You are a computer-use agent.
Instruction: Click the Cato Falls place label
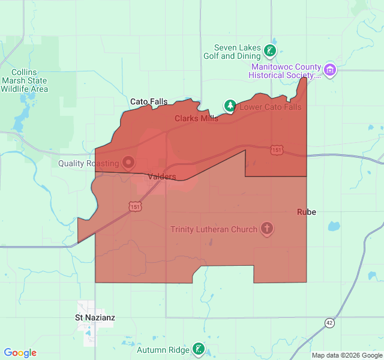pos(149,102)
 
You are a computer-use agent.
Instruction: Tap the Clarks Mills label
pos(196,118)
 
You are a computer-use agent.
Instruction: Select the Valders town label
pos(161,176)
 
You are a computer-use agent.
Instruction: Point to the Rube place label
pos(306,212)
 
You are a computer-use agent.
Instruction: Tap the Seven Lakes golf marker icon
pos(271,51)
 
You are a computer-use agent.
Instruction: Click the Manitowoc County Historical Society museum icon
pos(330,70)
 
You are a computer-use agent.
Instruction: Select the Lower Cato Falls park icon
pos(230,106)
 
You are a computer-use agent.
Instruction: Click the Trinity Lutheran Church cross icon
pos(267,229)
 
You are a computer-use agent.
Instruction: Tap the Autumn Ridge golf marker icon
pos(199,349)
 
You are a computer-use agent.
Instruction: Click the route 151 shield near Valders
pos(135,206)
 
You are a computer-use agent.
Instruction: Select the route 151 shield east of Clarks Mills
pos(276,149)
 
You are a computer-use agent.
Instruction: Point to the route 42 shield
pos(329,322)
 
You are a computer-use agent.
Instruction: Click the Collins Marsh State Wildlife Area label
pos(25,80)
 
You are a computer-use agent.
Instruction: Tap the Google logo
pos(20,353)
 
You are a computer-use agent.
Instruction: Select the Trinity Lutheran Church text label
pos(214,229)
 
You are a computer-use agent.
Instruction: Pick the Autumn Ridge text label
pos(163,350)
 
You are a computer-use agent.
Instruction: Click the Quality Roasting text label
pos(88,163)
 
